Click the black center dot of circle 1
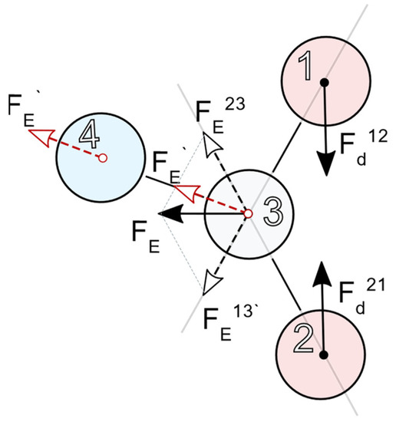(x=324, y=81)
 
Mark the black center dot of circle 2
(x=324, y=354)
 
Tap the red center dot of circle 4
(x=103, y=157)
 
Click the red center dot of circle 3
(x=248, y=213)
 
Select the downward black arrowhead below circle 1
(x=325, y=162)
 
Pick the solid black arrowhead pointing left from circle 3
(x=171, y=213)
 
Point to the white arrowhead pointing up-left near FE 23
(x=207, y=143)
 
